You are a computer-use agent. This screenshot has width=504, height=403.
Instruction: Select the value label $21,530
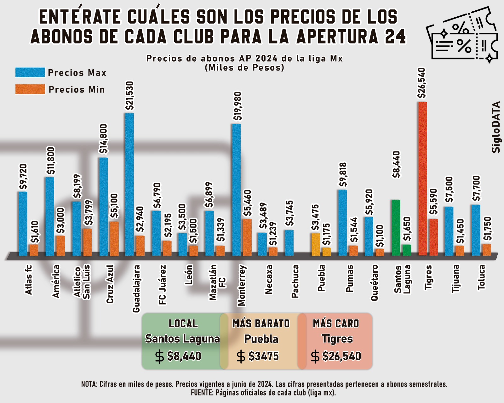click(129, 96)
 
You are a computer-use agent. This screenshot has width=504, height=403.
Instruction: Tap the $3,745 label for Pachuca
click(289, 213)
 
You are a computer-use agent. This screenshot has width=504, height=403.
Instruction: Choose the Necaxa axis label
click(269, 279)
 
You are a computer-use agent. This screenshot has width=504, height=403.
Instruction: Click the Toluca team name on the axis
click(481, 277)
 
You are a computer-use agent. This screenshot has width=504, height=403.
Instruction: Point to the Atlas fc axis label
click(29, 280)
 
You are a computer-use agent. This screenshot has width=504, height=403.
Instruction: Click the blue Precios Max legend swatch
click(30, 72)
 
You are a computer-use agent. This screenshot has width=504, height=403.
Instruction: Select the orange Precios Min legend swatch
click(30, 89)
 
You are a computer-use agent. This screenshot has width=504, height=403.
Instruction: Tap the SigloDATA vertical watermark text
click(496, 127)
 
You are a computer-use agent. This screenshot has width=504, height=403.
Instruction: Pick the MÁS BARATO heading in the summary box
click(261, 323)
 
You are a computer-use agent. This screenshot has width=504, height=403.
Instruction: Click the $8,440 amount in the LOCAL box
click(184, 356)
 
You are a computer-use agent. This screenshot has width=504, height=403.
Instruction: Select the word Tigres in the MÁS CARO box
click(337, 339)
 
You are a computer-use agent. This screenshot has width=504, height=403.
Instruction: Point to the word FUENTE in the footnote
click(202, 393)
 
